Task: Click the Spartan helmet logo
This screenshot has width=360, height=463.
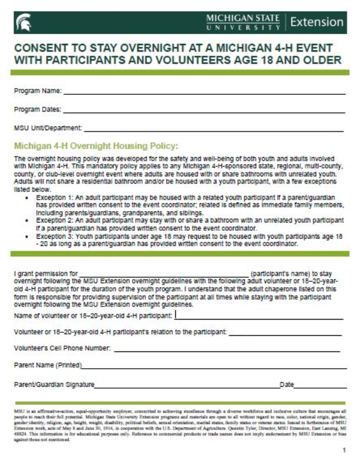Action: coord(23,22)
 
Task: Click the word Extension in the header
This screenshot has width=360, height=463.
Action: coord(316,22)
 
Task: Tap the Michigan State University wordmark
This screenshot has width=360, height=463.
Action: coord(243,22)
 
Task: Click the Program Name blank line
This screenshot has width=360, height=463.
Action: coord(204,94)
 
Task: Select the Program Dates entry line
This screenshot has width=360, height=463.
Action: coord(204,112)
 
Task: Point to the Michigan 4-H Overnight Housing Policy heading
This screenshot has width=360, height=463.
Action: coord(96,145)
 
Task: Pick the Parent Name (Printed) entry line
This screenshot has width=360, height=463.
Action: coord(213,367)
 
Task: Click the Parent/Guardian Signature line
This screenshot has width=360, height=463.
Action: coord(187,386)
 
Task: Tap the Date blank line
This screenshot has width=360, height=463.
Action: coord(320,386)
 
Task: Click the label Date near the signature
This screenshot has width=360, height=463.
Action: coord(287,384)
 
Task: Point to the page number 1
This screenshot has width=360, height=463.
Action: coord(344,449)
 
